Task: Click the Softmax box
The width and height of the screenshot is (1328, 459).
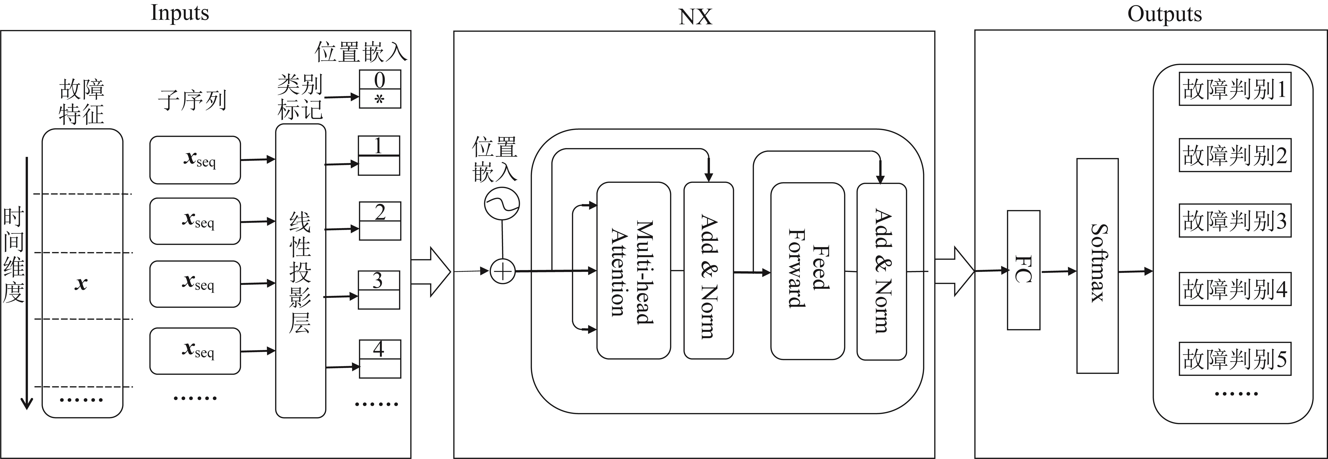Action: [x=1097, y=265]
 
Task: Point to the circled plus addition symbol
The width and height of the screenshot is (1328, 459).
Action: [x=502, y=271]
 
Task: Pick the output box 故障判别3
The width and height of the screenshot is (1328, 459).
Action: [x=1235, y=221]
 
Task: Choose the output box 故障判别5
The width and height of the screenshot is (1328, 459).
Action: [x=1235, y=359]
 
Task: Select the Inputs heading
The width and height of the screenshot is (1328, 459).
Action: [x=179, y=13]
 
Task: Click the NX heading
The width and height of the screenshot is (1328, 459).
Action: [x=695, y=17]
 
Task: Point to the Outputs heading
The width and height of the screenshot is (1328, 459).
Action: [x=1164, y=14]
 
